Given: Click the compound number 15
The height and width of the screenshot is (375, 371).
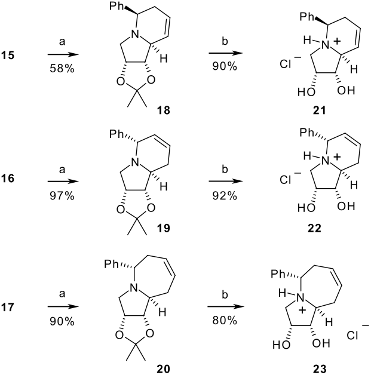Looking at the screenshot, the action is click(x=8, y=56).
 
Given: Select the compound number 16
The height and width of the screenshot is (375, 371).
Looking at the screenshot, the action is click(x=8, y=179).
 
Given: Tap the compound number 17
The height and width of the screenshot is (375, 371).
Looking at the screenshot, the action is click(x=8, y=307).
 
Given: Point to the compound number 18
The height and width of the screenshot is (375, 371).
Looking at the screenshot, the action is click(x=163, y=110).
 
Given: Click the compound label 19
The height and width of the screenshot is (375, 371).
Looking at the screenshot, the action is click(x=163, y=228).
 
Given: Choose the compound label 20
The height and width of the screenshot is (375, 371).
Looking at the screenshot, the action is click(x=163, y=368).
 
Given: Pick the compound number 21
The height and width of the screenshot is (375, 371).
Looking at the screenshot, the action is click(x=320, y=110).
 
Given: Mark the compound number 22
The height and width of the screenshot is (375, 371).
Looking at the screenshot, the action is click(x=314, y=228).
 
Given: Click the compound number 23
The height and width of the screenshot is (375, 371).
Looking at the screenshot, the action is click(x=320, y=368).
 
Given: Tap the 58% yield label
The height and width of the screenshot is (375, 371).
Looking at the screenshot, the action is click(x=62, y=69).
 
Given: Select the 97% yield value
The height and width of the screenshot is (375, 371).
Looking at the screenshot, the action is click(x=62, y=196).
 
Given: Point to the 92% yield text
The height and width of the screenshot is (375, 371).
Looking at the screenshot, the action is click(x=225, y=196).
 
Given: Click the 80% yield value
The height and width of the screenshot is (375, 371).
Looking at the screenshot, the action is click(x=225, y=320).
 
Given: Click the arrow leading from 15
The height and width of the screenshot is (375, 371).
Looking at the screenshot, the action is click(x=63, y=55).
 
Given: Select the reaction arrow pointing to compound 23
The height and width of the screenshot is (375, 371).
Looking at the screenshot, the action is click(x=226, y=306).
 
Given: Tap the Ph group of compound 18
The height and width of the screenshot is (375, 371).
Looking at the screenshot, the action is click(x=116, y=6).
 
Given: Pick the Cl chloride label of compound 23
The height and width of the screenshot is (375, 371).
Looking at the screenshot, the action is click(x=352, y=336).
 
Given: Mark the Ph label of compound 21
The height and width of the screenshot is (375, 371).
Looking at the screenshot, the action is click(x=307, y=17).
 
